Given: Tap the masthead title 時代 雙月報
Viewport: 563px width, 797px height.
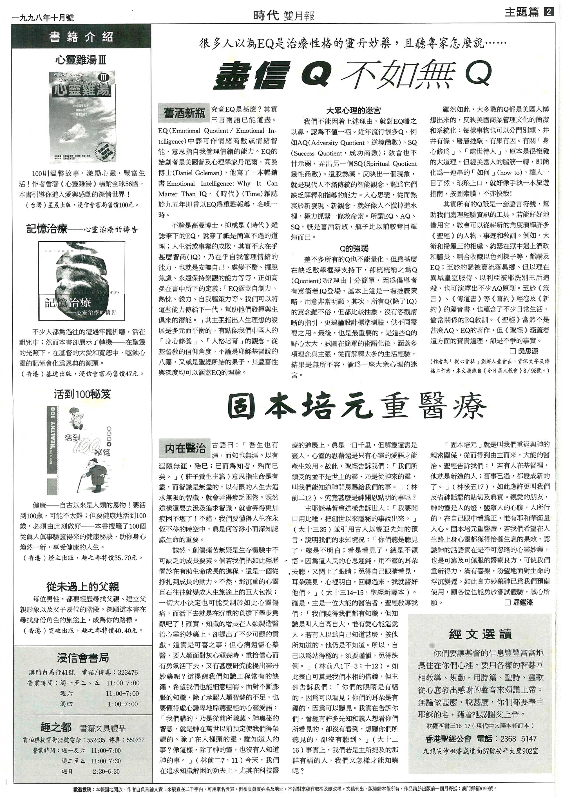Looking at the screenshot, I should [284, 15].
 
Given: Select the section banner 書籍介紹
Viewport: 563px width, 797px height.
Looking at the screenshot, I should [82, 37].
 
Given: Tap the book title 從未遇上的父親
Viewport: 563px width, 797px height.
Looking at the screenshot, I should [82, 586].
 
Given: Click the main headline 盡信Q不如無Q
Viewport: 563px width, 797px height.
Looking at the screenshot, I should [353, 74].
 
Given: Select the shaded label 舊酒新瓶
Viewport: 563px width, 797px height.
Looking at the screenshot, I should [184, 113].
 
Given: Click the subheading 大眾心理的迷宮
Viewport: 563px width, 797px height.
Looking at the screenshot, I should [354, 111].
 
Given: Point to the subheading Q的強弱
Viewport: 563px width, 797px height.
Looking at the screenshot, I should [354, 248].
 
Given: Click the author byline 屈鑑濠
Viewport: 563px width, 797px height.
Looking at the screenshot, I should [522, 602].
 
